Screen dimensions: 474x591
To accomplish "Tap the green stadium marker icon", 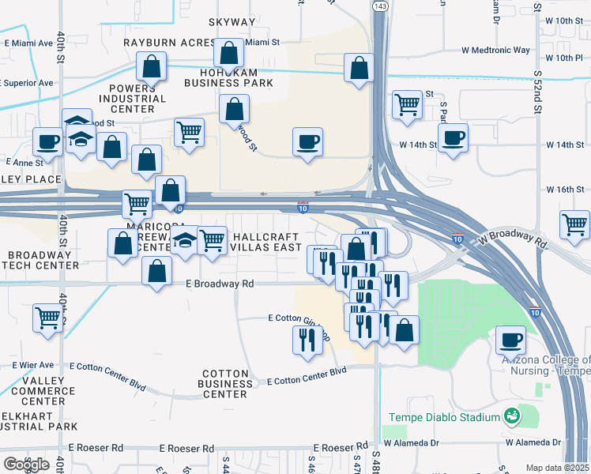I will click(512, 415).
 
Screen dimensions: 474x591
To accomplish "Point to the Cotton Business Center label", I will click(226, 384).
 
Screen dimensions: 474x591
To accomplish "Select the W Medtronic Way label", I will click(495, 50).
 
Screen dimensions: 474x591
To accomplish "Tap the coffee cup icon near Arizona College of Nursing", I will click(510, 340).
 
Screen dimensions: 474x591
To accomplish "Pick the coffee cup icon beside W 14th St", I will click(453, 138).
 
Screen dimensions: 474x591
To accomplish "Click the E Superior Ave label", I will click(28, 82).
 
